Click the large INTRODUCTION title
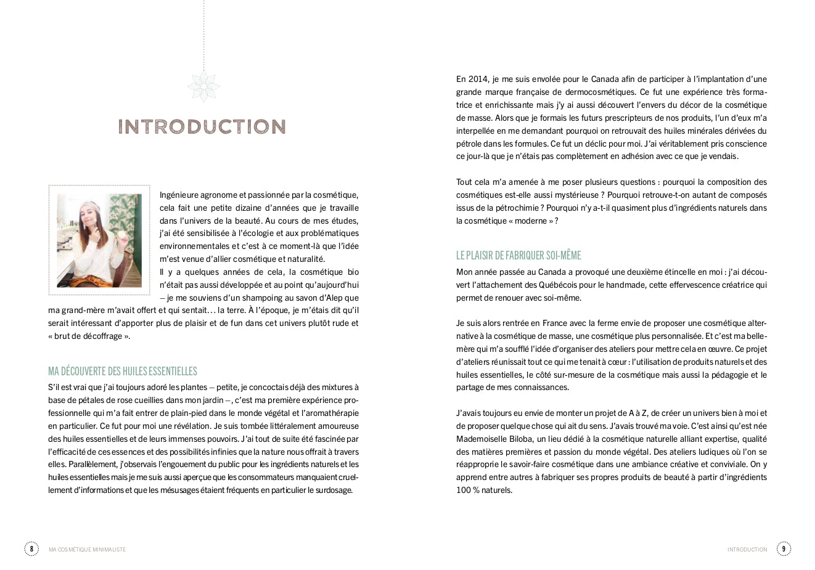point(202,127)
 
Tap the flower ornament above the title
point(203,86)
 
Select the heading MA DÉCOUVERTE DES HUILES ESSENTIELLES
point(123,371)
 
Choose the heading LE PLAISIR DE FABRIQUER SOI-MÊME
point(518,255)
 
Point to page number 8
point(31,548)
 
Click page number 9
point(784,548)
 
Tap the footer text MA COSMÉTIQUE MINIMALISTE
point(87,549)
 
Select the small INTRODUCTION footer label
point(747,549)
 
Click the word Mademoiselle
point(481,439)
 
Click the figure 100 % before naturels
point(468,490)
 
